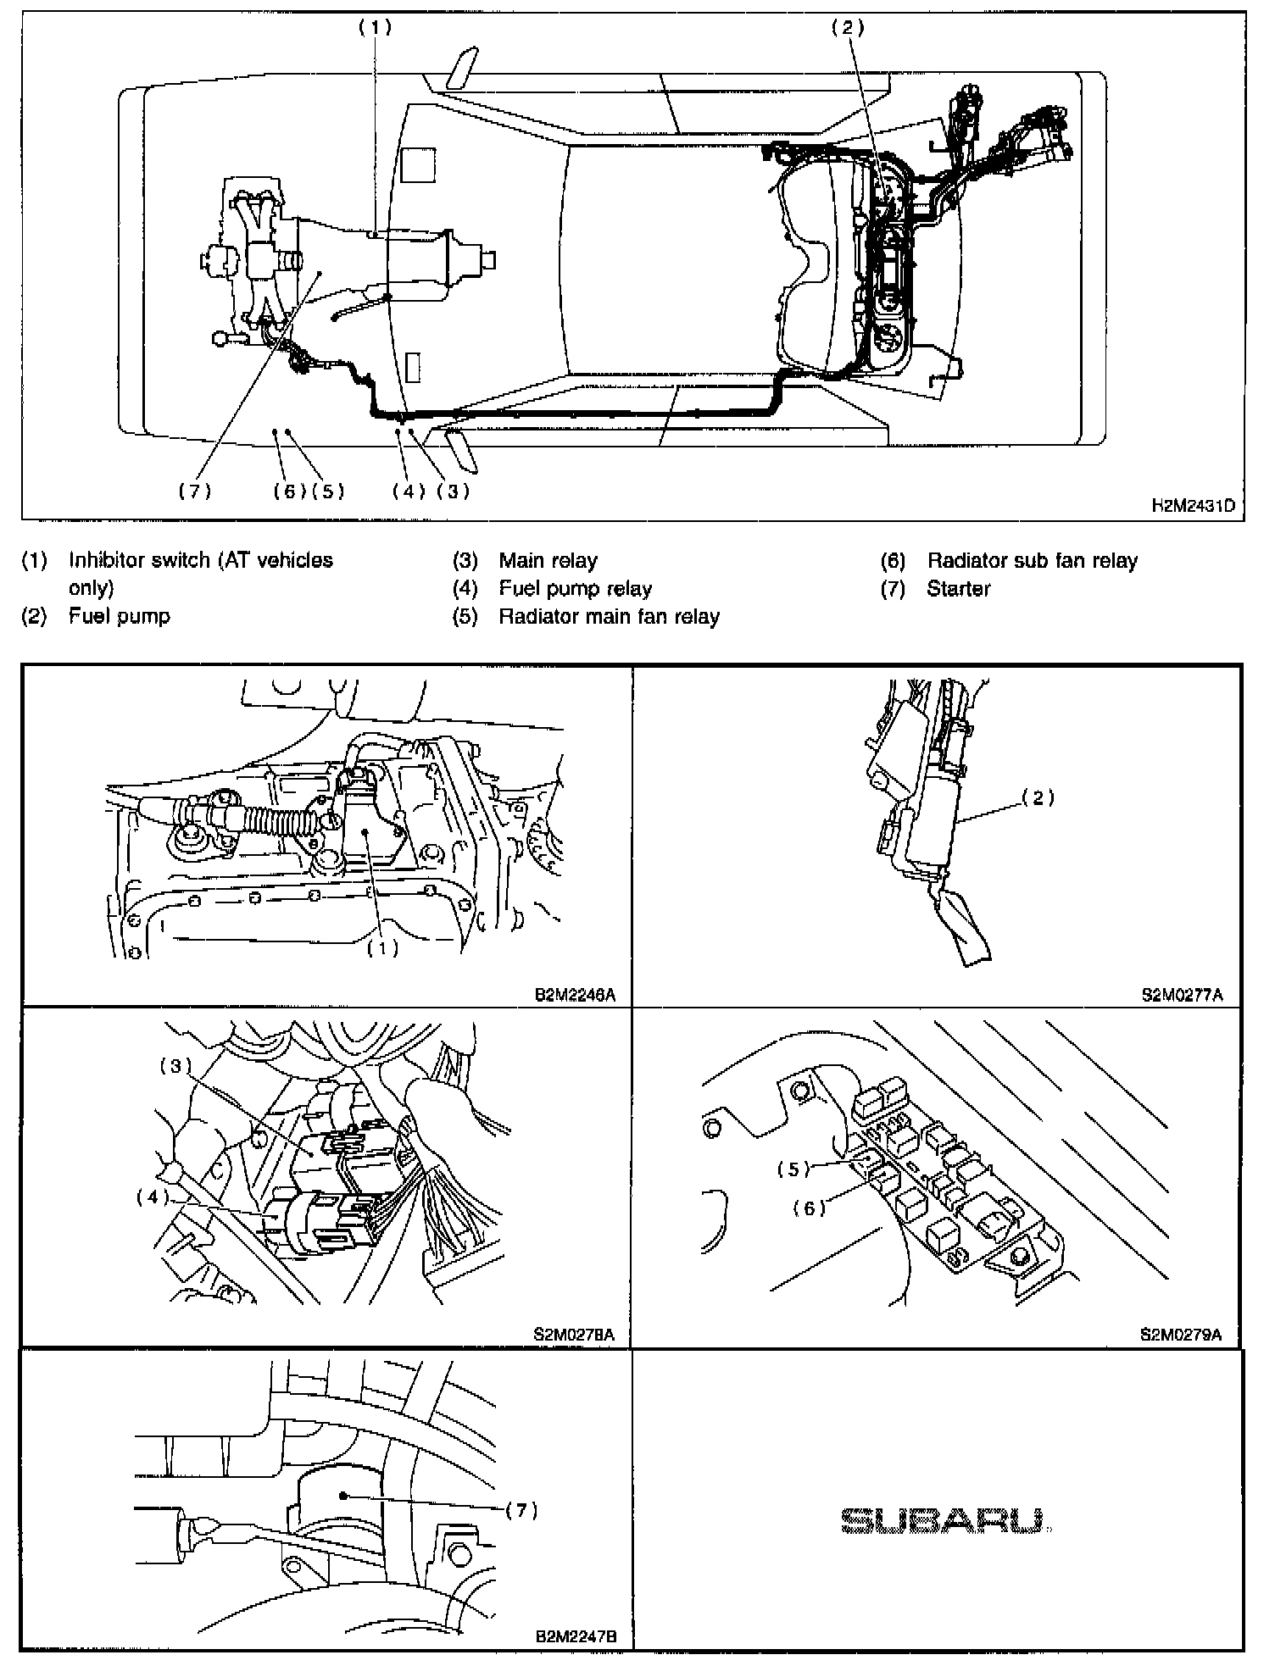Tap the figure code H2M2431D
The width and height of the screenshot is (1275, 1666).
point(1192,506)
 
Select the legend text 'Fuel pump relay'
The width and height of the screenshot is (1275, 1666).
point(575,588)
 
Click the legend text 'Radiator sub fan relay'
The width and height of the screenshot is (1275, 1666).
point(1032,560)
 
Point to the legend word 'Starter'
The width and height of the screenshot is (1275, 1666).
point(958,588)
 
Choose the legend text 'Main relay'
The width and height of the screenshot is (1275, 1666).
point(548,560)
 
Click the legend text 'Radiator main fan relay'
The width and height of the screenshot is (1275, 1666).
point(609,616)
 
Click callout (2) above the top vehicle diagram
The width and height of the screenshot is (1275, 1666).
point(847,28)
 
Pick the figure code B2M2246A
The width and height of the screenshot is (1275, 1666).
point(575,995)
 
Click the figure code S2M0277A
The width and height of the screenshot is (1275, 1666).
point(1182,995)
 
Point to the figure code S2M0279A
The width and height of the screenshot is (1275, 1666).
point(1182,1336)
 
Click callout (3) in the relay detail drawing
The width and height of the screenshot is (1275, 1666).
point(176,1066)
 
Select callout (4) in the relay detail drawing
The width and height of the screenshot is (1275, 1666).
point(153,1197)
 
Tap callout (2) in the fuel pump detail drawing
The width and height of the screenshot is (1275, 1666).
point(1038,797)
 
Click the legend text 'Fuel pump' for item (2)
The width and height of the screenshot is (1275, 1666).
point(119,616)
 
